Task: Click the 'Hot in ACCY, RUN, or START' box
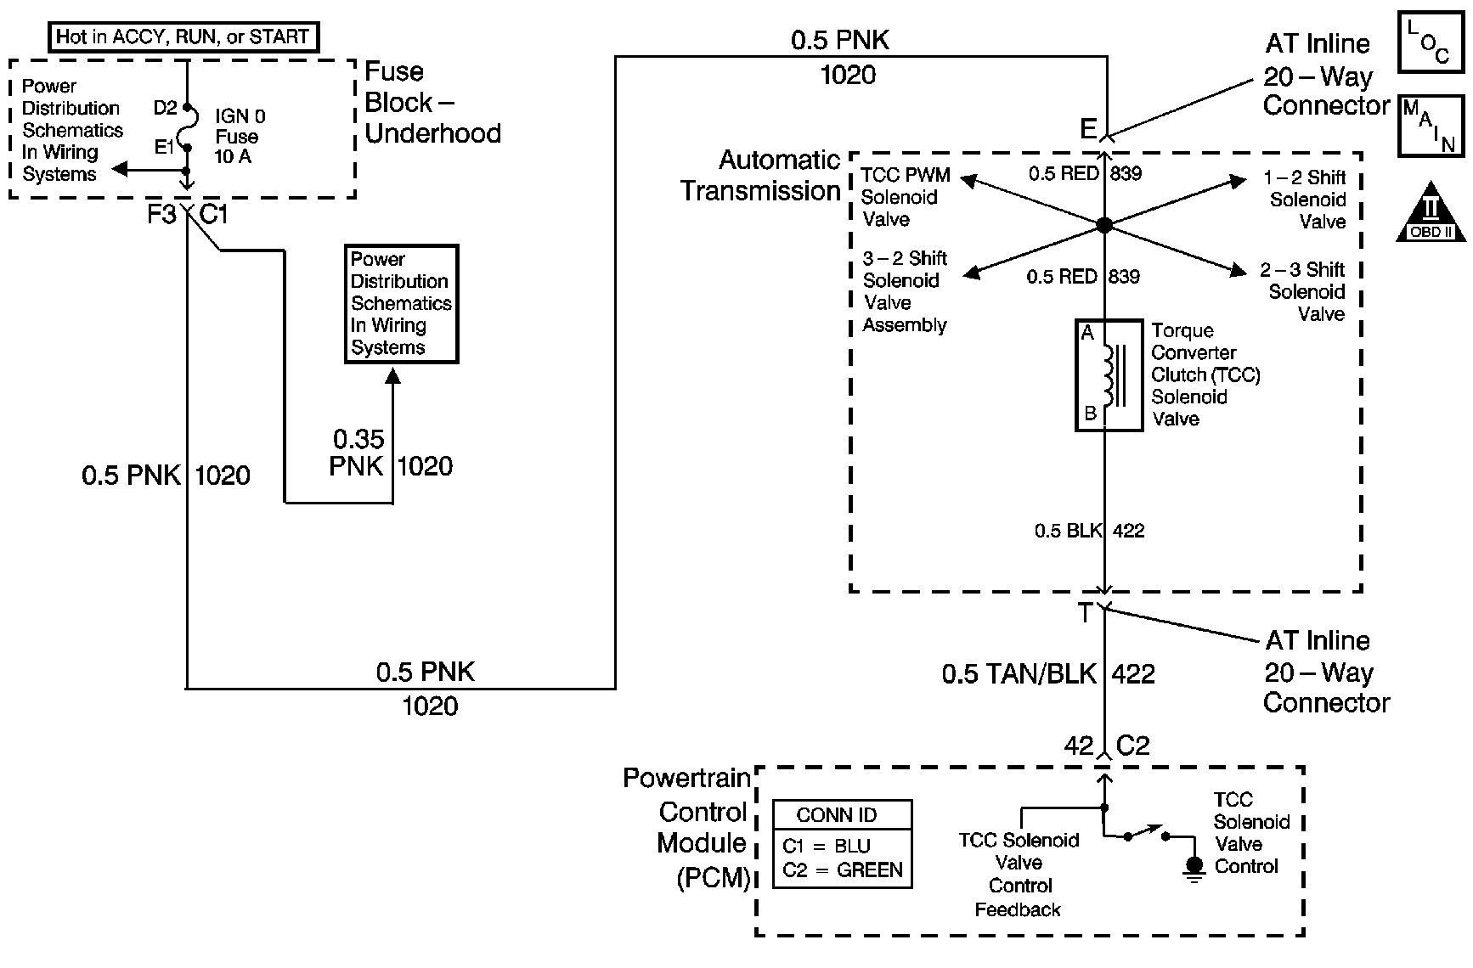182,37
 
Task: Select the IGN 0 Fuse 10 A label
239,136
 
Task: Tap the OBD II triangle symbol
1431,211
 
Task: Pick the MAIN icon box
1431,126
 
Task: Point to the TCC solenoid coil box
1109,375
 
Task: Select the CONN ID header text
837,815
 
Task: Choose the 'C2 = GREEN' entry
842,870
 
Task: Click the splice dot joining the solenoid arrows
1104,225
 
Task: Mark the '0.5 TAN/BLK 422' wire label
1048,674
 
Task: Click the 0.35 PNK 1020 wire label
391,453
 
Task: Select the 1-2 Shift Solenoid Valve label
1306,200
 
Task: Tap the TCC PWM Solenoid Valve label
904,197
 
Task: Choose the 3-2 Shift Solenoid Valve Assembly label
905,291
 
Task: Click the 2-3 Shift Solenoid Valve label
1304,291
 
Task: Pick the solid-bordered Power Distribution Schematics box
401,304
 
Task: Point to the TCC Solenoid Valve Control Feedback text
1019,874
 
